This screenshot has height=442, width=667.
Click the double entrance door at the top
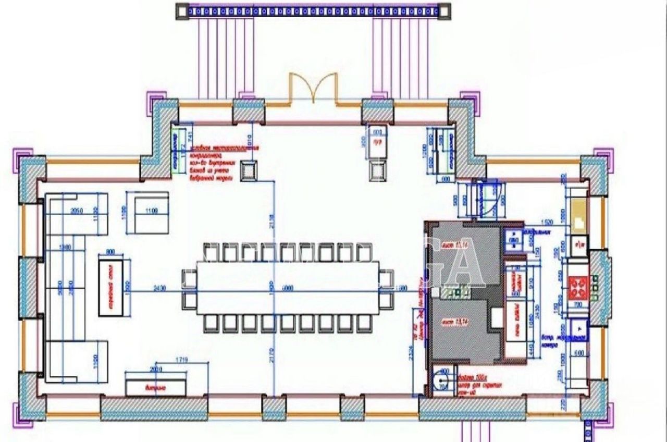314,89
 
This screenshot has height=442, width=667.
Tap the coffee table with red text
111,287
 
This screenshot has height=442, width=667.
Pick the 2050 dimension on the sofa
77,211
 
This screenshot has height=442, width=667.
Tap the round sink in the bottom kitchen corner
442,379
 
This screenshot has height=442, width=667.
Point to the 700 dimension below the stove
578,304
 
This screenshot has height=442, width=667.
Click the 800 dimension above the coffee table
110,252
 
